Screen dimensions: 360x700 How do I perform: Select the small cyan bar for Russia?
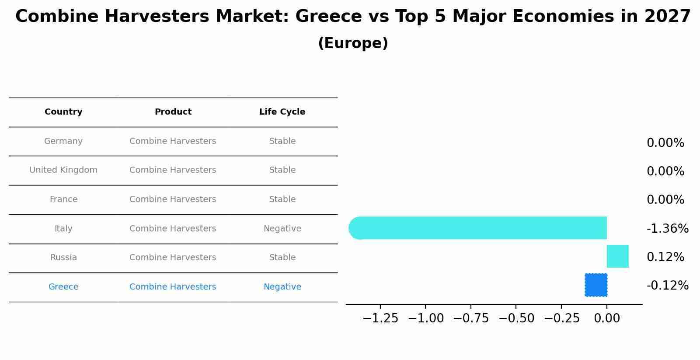617,256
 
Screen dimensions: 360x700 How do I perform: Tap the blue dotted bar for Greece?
596,285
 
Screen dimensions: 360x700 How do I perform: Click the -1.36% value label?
667,228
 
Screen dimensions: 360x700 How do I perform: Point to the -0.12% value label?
667,286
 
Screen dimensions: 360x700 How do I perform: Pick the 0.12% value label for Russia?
665,257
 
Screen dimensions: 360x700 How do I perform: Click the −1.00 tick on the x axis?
425,318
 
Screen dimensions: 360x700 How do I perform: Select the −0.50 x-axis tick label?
516,318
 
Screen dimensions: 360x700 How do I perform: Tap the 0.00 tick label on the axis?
606,318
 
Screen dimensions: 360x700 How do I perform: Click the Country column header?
63,112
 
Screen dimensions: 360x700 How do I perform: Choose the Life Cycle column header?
282,112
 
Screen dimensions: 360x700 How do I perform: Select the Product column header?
173,112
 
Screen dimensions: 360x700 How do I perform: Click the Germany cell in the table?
63,141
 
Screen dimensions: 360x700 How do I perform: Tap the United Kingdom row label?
63,170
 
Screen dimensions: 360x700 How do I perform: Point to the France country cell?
63,199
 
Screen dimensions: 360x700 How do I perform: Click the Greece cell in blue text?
63,287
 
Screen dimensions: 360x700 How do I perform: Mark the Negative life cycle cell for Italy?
282,229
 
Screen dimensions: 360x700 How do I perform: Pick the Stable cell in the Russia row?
282,258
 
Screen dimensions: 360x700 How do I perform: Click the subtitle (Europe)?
353,43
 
